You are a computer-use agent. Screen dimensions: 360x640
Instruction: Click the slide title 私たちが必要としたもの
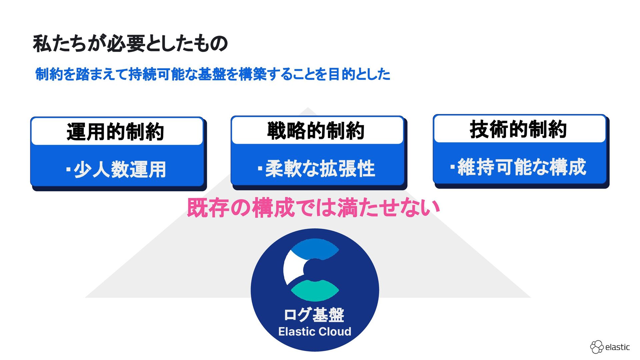(130, 44)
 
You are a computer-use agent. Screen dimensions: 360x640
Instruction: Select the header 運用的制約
(115, 131)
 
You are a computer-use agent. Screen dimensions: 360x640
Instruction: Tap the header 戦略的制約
(316, 130)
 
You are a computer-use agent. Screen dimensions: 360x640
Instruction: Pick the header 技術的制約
(518, 129)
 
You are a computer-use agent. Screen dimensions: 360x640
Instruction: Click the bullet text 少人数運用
(120, 169)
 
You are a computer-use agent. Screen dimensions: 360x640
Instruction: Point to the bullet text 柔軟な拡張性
(320, 168)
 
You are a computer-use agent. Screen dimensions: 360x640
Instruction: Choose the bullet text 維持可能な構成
(522, 167)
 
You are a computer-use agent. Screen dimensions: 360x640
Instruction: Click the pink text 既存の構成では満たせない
(313, 208)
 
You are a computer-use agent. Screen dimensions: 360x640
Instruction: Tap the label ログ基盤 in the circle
(314, 315)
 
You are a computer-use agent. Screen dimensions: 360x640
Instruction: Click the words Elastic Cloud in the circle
(315, 332)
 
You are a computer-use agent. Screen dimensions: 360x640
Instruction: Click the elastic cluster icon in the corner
(597, 347)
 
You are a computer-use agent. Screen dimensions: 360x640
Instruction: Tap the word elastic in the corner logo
(617, 347)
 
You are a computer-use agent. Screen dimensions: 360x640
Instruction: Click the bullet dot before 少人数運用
(68, 169)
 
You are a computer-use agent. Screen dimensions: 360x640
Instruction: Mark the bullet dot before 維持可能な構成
(452, 167)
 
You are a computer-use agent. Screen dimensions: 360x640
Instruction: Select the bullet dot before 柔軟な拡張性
(260, 168)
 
